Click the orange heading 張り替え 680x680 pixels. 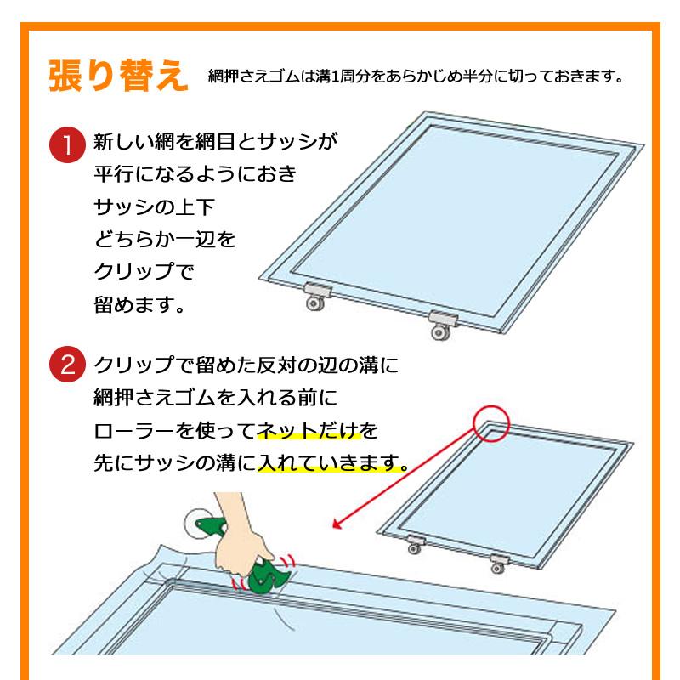(x=118, y=76)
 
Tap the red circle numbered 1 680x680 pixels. (x=67, y=144)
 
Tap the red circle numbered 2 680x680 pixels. (x=67, y=364)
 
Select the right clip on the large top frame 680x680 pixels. (x=442, y=325)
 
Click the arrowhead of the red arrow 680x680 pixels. (x=337, y=524)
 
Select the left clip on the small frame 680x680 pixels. (x=415, y=544)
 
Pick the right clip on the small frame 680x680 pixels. (x=499, y=564)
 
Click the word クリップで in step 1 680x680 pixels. (x=144, y=272)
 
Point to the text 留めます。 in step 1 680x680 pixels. (x=139, y=304)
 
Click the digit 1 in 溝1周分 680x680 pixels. (x=334, y=76)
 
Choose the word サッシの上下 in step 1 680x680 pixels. (x=154, y=207)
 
